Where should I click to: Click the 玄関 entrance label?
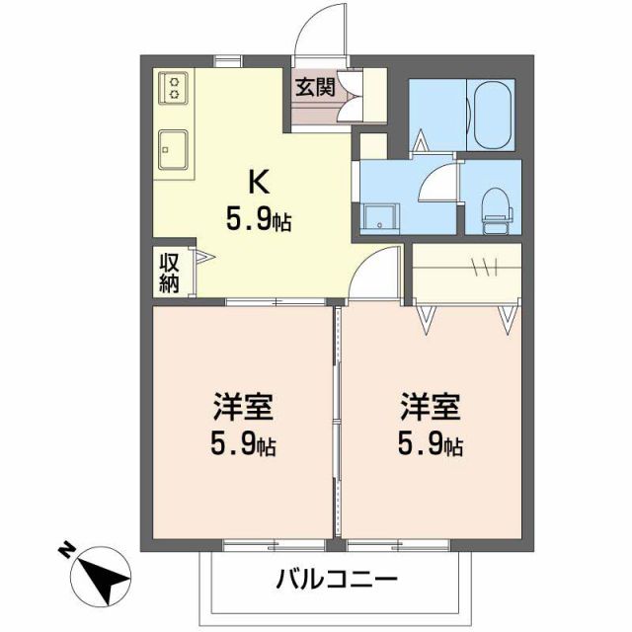(315, 86)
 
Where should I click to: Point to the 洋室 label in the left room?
(243, 407)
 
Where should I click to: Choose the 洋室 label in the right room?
(431, 407)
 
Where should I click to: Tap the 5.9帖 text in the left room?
(243, 445)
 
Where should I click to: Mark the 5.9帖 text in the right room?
(431, 445)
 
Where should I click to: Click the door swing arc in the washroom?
(434, 184)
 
